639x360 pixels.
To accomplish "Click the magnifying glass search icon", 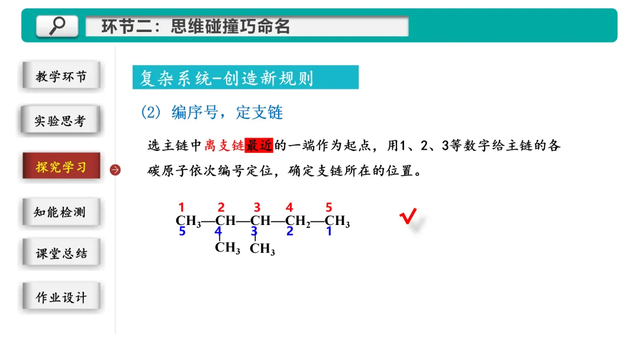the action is tap(57, 25).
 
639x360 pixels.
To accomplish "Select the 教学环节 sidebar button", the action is tap(61, 76).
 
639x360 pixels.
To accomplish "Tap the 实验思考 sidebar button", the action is tap(61, 121).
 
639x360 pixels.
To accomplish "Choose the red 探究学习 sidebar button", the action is tap(61, 167).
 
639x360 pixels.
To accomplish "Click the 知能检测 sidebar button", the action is tap(61, 212).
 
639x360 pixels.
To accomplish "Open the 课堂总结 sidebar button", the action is tap(61, 253).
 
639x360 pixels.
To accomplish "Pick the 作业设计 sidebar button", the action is tap(61, 297).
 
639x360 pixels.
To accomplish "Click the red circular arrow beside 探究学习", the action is tap(115, 170).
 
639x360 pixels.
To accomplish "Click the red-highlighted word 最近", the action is tap(259, 146).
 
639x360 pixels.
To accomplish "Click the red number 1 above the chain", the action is tap(182, 207).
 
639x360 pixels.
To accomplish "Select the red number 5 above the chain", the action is tap(329, 207).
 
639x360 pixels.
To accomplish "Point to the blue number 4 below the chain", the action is tap(218, 231).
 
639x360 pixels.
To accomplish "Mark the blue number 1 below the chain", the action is tap(329, 231).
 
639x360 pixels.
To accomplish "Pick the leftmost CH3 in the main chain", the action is tap(188, 222).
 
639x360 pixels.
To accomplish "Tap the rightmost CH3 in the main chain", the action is tap(337, 222).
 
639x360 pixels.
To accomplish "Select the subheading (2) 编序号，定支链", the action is tap(212, 112).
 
